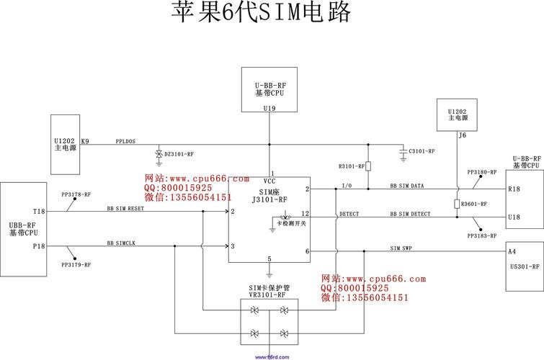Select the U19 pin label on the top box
coord(269,108)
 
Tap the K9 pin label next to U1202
coord(85,141)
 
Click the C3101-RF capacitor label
coord(422,151)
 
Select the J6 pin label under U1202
coord(462,135)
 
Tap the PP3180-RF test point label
coord(482,173)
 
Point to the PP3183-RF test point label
coord(482,236)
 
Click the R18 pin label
coord(514,189)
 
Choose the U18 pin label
coord(514,217)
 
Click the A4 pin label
coord(512,252)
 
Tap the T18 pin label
coord(38,212)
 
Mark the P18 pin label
coord(38,246)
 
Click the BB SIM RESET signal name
coord(125,208)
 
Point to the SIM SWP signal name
coord(401,248)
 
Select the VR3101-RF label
coord(267,294)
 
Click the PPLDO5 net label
coord(125,141)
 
